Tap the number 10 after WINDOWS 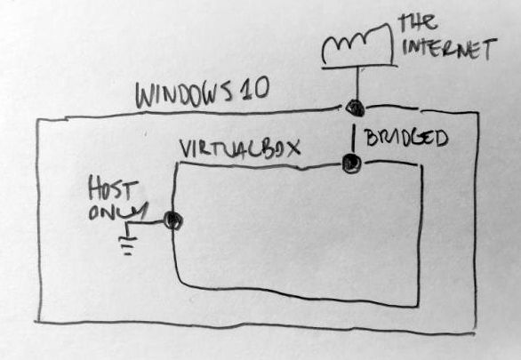[x=257, y=88]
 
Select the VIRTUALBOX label [x=240, y=148]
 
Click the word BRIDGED [x=406, y=138]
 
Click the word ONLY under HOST [x=117, y=211]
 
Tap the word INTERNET [x=449, y=49]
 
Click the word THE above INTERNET [x=419, y=22]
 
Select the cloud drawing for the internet [x=358, y=44]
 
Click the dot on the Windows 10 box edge [x=355, y=108]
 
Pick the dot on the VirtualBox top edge [x=352, y=164]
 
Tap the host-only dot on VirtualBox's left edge [x=173, y=220]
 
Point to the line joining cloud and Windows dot [x=358, y=84]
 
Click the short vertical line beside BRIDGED [x=354, y=138]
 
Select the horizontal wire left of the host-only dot [x=145, y=223]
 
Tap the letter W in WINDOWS [x=145, y=97]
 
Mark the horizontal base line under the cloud [x=359, y=67]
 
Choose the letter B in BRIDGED [x=371, y=137]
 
